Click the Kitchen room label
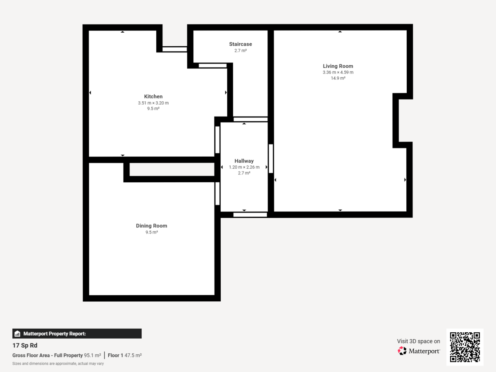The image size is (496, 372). [153, 97]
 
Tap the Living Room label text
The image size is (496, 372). [338, 66]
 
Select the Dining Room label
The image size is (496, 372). [151, 226]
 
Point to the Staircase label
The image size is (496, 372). [241, 44]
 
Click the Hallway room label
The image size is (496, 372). [244, 161]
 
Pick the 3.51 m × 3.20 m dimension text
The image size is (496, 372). [153, 103]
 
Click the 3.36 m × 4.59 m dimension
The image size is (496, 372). [338, 72]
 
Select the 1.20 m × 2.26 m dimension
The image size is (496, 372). [244, 167]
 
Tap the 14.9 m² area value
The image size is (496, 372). [338, 78]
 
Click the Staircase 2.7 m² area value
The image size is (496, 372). [241, 50]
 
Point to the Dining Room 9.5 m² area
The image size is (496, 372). [151, 232]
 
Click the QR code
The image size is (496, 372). [465, 347]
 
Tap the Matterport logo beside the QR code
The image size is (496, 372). [419, 351]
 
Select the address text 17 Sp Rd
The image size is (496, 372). [25, 346]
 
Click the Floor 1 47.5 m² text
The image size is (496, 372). [124, 355]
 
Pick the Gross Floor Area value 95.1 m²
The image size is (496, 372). [92, 355]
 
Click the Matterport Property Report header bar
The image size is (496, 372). [77, 334]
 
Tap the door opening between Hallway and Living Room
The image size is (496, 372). [271, 158]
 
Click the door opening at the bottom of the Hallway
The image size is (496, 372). [250, 215]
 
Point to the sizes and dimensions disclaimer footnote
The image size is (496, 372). [58, 364]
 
